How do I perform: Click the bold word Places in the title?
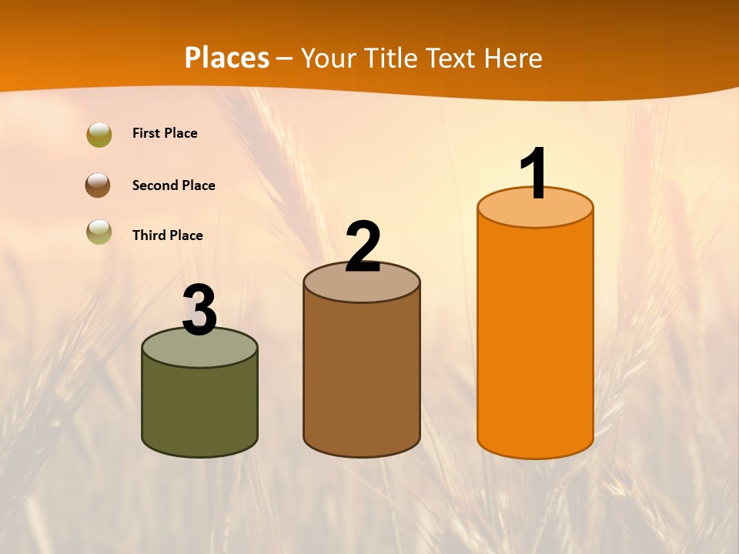tap(227, 58)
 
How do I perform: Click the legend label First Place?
tap(165, 133)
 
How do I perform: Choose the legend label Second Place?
tap(173, 185)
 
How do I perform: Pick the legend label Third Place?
tap(167, 235)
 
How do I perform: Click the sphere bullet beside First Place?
tap(99, 134)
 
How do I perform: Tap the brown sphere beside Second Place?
tap(98, 185)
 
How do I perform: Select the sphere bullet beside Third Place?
tap(99, 232)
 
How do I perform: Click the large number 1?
tap(534, 173)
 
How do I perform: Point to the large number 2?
tap(363, 247)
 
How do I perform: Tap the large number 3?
tap(200, 310)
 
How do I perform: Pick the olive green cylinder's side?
tap(200, 408)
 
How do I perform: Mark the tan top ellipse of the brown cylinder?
tap(362, 286)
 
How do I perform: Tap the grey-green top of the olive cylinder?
tap(200, 351)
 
